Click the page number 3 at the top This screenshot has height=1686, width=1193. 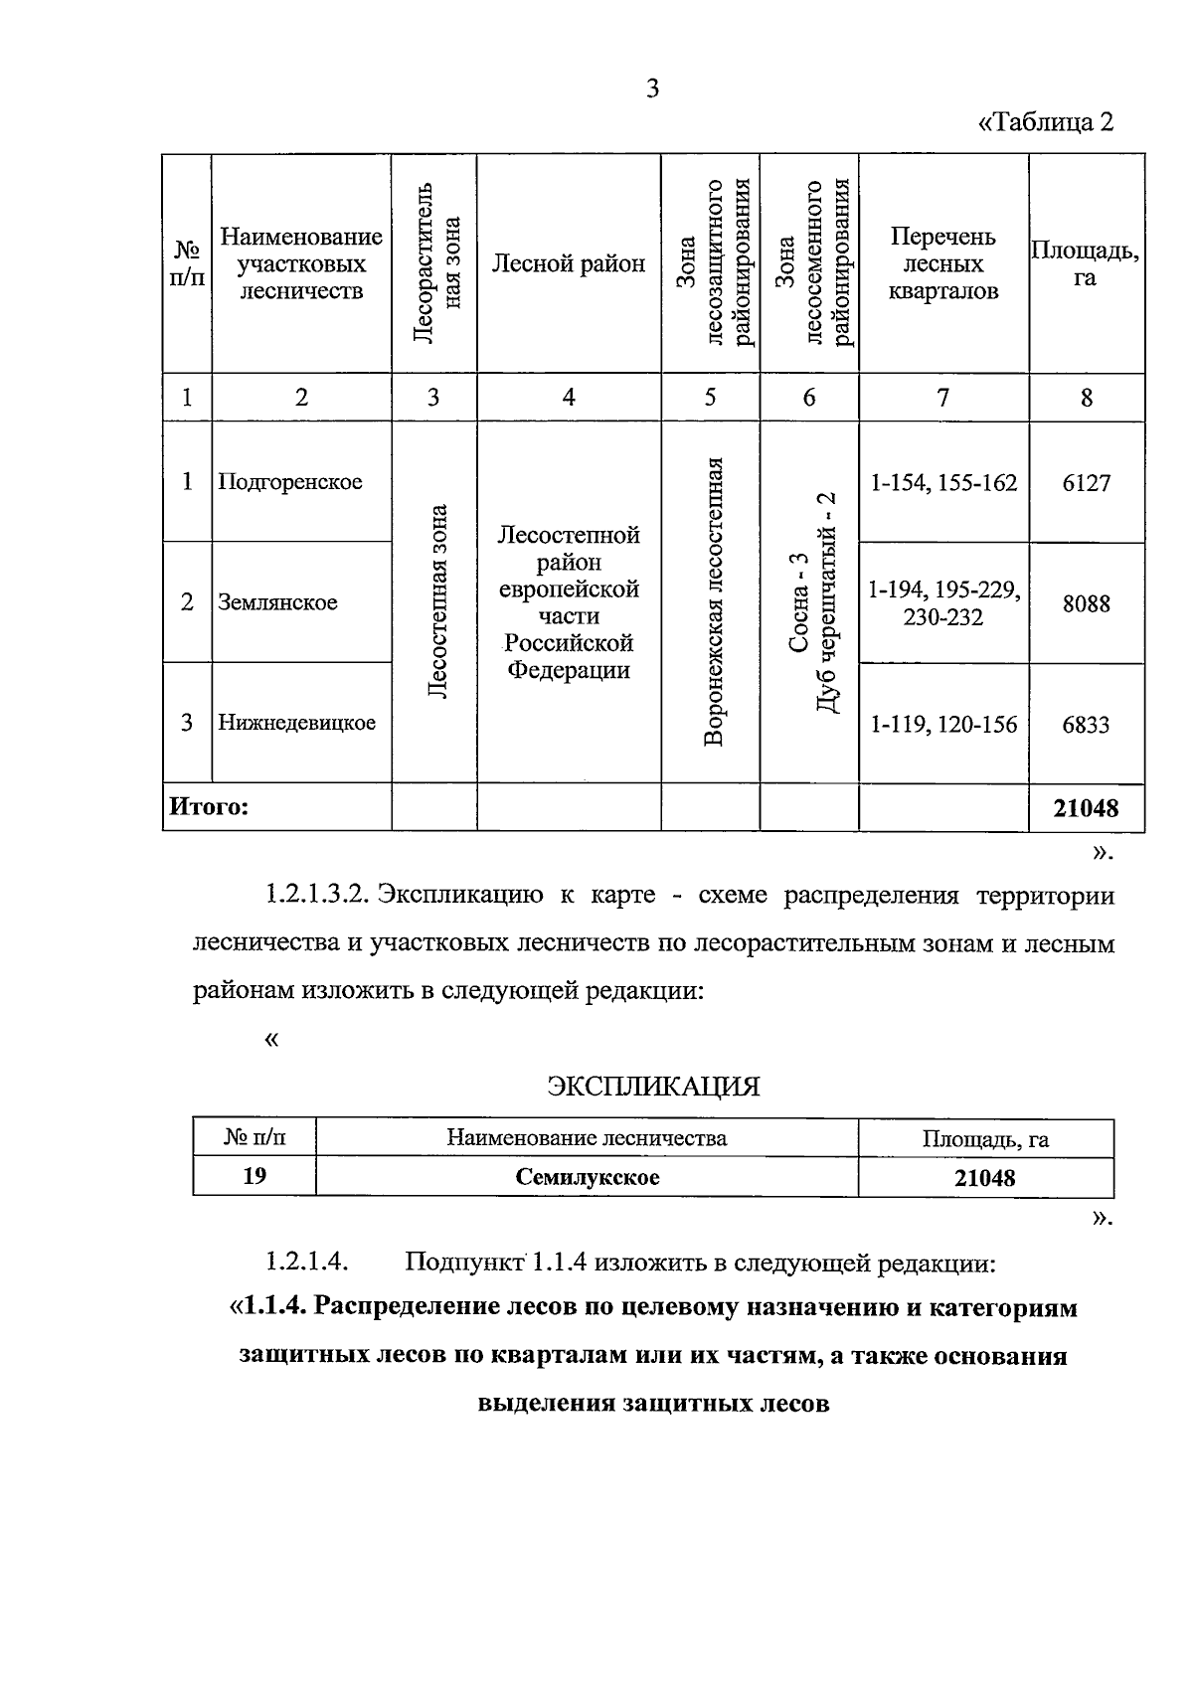pyautogui.click(x=652, y=89)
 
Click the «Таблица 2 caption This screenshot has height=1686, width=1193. pyautogui.click(x=1046, y=122)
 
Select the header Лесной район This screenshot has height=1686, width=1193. pyautogui.click(x=569, y=263)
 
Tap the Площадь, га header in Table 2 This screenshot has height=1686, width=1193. pyautogui.click(x=1085, y=263)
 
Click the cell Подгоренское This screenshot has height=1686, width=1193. pyautogui.click(x=290, y=482)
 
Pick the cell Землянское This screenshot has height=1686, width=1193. pyautogui.click(x=277, y=602)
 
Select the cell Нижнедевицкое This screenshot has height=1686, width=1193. pyautogui.click(x=296, y=723)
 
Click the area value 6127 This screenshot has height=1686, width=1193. pyautogui.click(x=1086, y=483)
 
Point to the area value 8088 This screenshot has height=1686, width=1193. pyautogui.click(x=1086, y=603)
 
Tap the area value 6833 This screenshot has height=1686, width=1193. pyautogui.click(x=1086, y=725)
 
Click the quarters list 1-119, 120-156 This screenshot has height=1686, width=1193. pyautogui.click(x=943, y=725)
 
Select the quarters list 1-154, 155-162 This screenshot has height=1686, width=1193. pyautogui.click(x=943, y=483)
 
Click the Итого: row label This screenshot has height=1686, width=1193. pyautogui.click(x=209, y=806)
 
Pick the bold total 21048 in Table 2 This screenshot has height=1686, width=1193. pyautogui.click(x=1086, y=808)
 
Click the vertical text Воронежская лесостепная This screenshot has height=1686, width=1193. pyautogui.click(x=711, y=601)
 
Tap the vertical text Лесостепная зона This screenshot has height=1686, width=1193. pyautogui.click(x=434, y=601)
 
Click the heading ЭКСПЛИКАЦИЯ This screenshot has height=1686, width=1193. pyautogui.click(x=653, y=1087)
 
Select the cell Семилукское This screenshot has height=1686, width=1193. pyautogui.click(x=587, y=1177)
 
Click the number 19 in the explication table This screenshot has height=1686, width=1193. pyautogui.click(x=255, y=1176)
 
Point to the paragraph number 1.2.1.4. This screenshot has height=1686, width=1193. pyautogui.click(x=306, y=1263)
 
